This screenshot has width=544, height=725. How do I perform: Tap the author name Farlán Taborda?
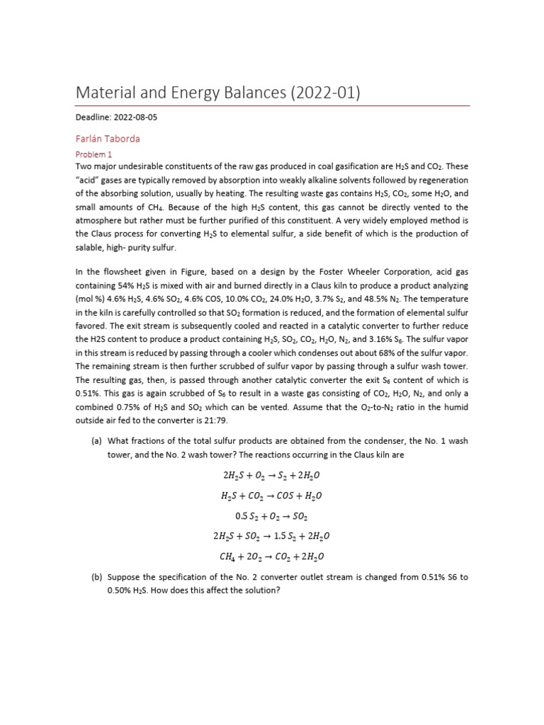coord(108,139)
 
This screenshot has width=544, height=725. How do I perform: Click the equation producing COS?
coord(273,496)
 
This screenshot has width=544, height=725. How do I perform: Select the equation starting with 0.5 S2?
coord(273,516)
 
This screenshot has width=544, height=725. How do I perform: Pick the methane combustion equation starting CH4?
coord(273,556)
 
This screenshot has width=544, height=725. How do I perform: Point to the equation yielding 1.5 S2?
coord(273,537)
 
